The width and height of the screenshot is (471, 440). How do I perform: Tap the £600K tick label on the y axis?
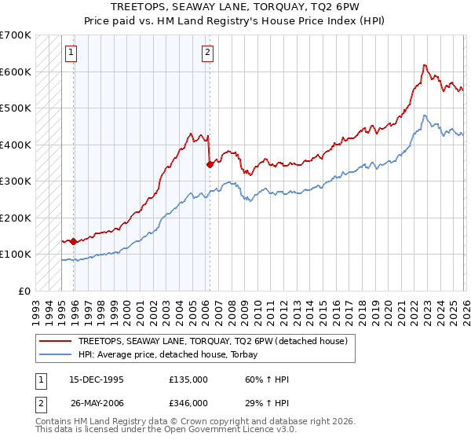(x=16, y=71)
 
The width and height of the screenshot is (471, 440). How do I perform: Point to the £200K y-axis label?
(x=16, y=218)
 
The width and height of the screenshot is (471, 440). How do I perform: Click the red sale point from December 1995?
(x=73, y=241)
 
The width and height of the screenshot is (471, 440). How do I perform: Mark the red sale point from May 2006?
(x=210, y=164)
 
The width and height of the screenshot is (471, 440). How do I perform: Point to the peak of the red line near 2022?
(x=424, y=65)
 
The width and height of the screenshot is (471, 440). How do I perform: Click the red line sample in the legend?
(x=55, y=341)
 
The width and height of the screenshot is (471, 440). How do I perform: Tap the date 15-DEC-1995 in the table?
(x=97, y=379)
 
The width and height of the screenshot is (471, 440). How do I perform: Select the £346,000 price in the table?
(x=188, y=402)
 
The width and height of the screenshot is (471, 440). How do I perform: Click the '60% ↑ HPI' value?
(x=267, y=379)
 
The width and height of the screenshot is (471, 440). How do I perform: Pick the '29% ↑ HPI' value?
(x=267, y=402)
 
